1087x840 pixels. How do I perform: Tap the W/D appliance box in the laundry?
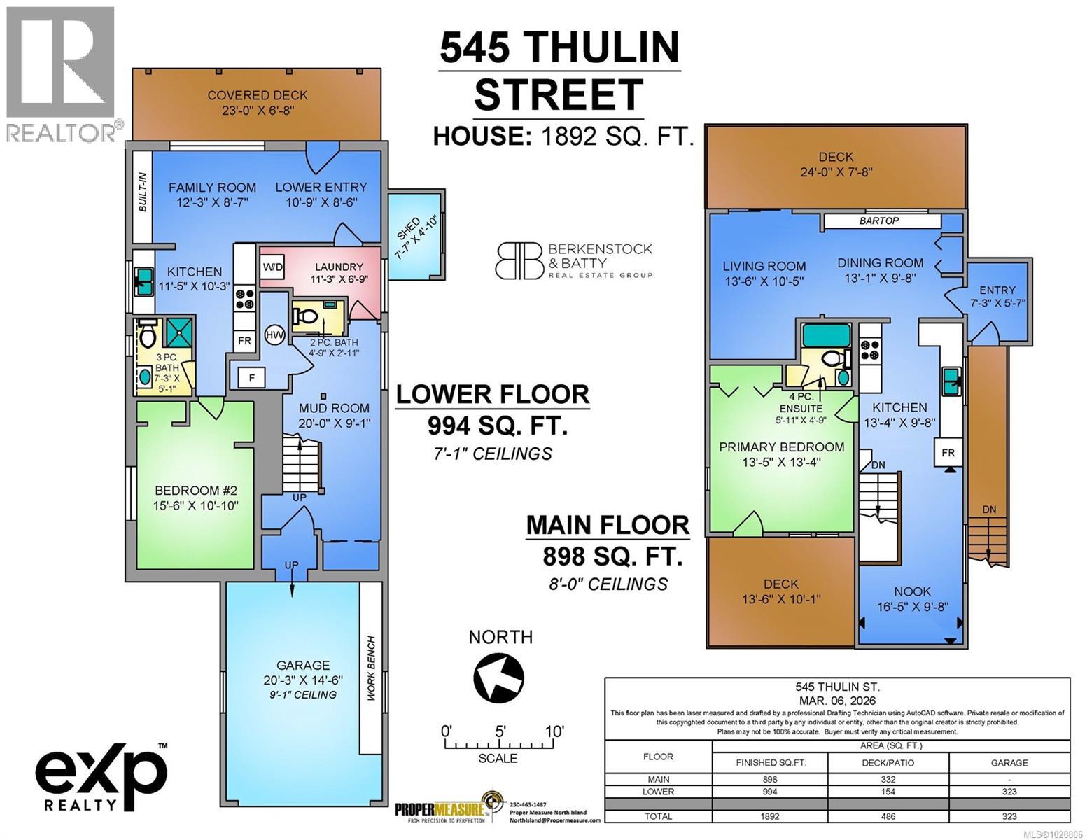[272, 267]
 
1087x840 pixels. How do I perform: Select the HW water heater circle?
[274, 335]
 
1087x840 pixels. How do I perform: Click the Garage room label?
[302, 665]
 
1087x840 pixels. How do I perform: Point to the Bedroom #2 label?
[192, 490]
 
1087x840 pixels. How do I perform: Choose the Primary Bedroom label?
[782, 447]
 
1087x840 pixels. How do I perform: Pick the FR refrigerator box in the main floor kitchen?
[948, 453]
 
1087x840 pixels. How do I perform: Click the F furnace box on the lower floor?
[251, 378]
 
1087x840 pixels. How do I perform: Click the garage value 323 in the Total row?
[1009, 815]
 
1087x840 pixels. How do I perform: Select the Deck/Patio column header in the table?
[888, 762]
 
